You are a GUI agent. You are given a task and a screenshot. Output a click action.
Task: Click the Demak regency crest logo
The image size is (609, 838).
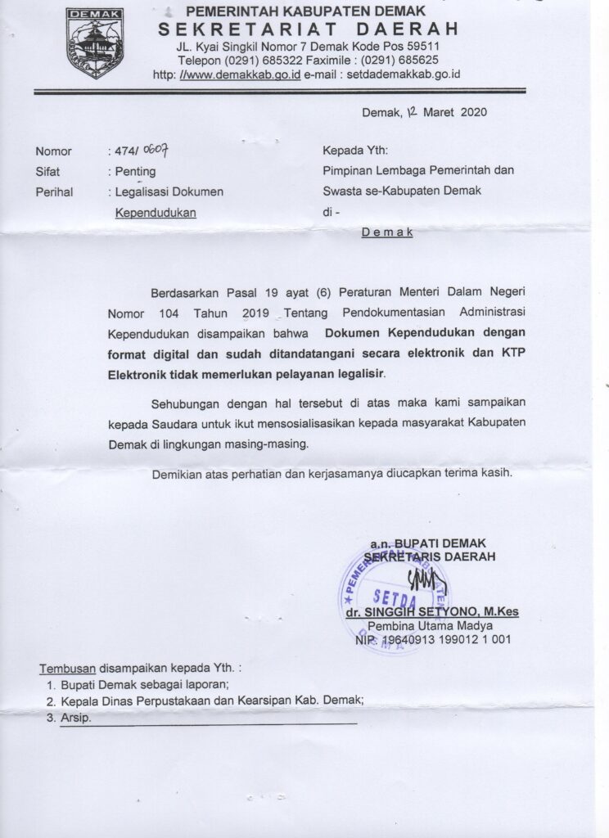pos(95,43)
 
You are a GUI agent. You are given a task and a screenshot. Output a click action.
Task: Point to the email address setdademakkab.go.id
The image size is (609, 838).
pos(404,74)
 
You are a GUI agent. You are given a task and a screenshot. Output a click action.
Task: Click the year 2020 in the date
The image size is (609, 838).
pos(474,112)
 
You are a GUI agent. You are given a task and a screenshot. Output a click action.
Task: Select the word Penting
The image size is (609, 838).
pos(135,172)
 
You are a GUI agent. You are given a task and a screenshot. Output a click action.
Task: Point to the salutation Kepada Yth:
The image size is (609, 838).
pos(355,151)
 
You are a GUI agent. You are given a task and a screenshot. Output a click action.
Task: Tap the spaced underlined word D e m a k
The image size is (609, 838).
pos(387,232)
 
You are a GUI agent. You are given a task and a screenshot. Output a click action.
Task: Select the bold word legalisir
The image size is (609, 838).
pos(357,373)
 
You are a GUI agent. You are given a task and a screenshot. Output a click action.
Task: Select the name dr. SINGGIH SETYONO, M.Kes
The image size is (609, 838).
pos(431,611)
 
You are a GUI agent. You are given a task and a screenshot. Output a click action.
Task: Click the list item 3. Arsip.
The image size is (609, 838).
pos(70,718)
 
